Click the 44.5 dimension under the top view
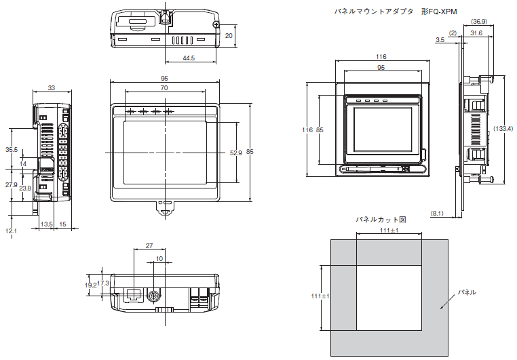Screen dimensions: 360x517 pos(189,58)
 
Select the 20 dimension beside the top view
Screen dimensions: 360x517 pos(229,35)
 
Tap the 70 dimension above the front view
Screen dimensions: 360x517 pos(164,88)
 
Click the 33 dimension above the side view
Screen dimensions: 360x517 pos(52,88)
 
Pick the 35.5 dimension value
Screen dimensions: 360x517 pos(12,149)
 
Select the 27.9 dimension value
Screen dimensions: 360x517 pos(12,184)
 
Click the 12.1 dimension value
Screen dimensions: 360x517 pos(12,231)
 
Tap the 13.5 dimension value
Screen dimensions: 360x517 pos(47,224)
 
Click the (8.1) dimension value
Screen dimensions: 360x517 pos(438,214)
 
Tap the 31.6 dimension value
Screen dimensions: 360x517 pos(476,33)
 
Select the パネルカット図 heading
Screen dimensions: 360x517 pos(381,220)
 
